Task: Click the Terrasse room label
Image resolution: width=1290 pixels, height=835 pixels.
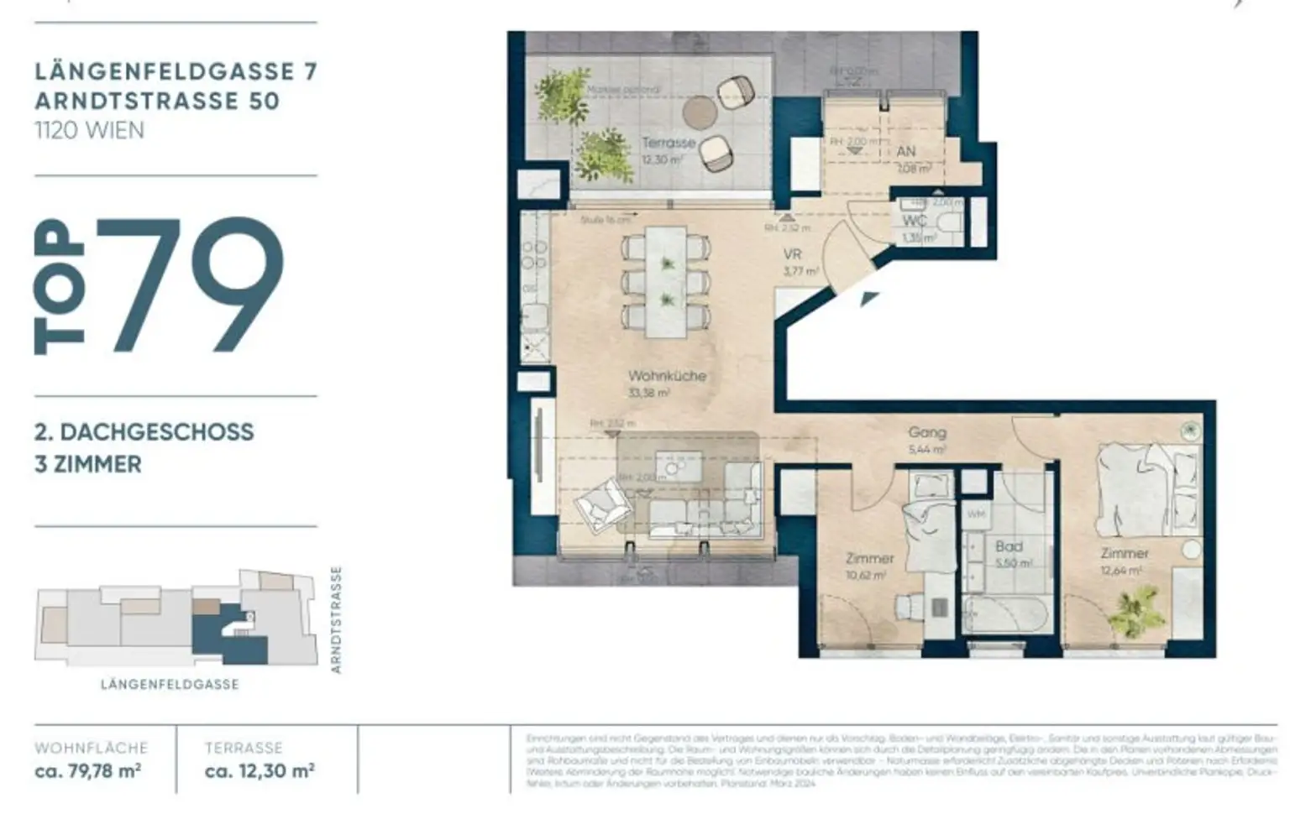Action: pos(668,143)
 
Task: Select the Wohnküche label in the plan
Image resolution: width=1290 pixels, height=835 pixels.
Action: pos(667,376)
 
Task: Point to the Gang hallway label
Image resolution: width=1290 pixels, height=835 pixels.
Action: pos(927,432)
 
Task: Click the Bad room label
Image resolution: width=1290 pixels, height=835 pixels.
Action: pos(1009,546)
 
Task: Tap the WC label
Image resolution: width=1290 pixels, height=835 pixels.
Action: pos(915,221)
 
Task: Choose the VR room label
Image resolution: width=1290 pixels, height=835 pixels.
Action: pos(792,254)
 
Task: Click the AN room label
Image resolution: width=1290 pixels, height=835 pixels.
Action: pos(906,152)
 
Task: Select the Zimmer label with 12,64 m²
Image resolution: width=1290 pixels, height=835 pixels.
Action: pos(1125,553)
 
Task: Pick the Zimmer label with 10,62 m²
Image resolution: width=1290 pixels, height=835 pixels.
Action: pos(869,558)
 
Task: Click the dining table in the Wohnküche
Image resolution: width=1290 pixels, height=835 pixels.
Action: pos(667,281)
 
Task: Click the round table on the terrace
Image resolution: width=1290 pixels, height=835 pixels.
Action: pos(698,111)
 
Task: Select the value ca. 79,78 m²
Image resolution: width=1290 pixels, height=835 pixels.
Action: pos(87,770)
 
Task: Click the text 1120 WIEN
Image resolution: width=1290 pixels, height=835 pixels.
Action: pos(89,130)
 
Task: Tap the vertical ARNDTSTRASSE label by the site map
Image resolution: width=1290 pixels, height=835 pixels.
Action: pos(336,619)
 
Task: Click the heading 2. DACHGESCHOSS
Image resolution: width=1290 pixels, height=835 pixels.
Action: pos(144,432)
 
